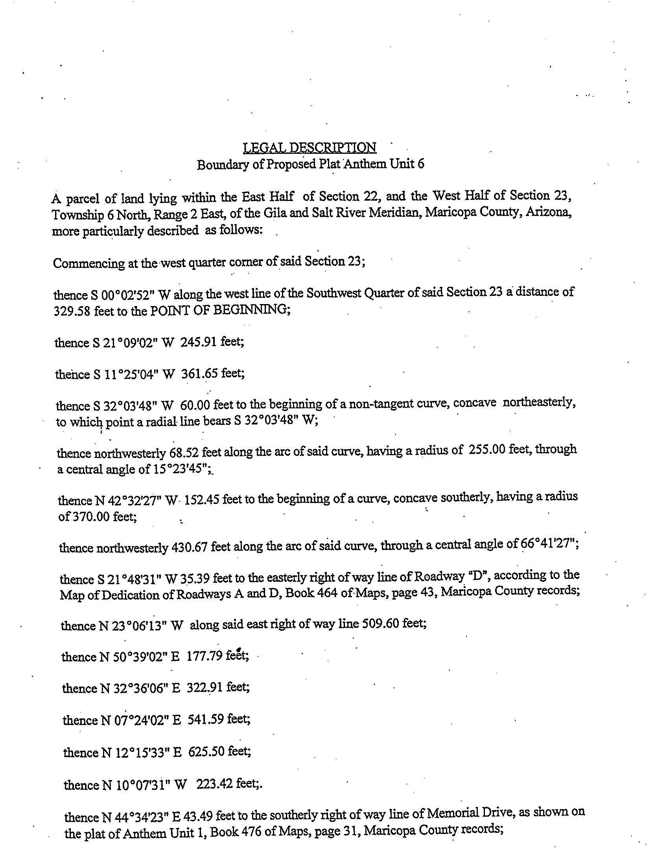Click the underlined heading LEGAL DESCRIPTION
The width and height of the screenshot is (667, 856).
point(310,148)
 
